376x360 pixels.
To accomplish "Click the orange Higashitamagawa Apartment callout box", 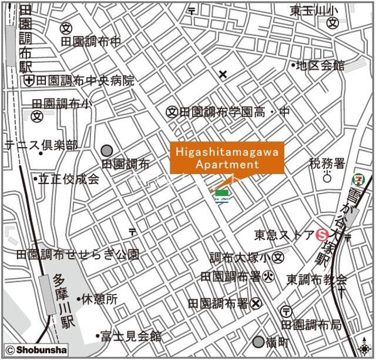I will click(227, 158).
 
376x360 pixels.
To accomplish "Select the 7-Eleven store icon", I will click(357, 178).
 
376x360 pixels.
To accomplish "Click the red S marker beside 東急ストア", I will click(321, 235).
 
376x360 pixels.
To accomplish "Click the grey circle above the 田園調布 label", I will click(106, 151).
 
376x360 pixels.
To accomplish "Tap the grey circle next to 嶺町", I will click(258, 342).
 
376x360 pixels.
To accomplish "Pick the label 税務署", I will click(327, 163).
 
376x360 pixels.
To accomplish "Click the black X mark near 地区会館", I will click(223, 74).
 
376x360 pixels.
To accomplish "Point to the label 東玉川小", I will click(314, 11).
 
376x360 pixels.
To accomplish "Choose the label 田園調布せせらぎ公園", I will click(78, 255).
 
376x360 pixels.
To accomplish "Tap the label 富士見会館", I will click(130, 336).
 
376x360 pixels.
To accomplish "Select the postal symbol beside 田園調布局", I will click(287, 311).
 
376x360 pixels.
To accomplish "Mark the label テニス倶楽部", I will click(41, 145).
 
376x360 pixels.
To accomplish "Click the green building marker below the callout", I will click(221, 194).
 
